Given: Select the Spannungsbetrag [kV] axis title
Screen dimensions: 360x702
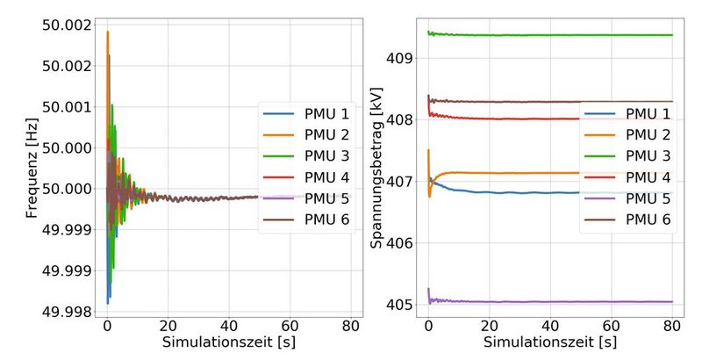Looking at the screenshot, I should [376, 167].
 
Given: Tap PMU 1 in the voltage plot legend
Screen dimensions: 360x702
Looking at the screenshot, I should [647, 113].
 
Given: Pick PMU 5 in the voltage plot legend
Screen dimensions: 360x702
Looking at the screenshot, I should [647, 198].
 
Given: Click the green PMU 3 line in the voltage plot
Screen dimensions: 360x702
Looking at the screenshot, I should [526, 35].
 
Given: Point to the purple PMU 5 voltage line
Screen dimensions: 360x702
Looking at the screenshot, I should [526, 301].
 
